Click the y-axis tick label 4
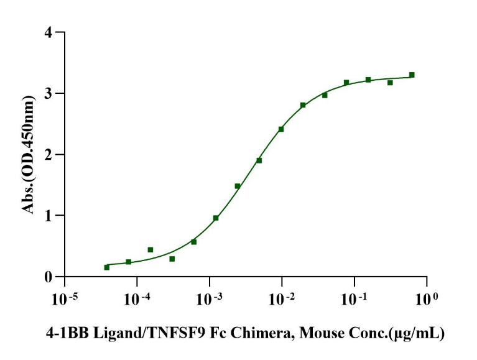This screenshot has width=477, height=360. (x=47, y=32)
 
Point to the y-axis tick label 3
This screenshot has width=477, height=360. (x=47, y=93)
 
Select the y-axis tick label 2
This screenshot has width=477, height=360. (x=47, y=154)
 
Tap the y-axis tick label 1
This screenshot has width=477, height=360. (x=47, y=216)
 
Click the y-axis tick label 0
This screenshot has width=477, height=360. (x=47, y=277)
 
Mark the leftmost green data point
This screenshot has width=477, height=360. (x=106, y=267)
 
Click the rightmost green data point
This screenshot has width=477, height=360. (x=412, y=75)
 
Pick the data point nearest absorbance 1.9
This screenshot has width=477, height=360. (x=259, y=160)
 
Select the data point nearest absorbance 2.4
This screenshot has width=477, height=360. (x=281, y=129)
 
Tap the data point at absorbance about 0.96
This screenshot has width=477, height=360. (x=216, y=218)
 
